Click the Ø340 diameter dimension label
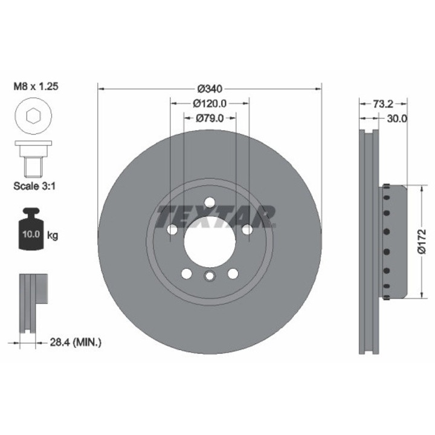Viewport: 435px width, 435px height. click(x=210, y=89)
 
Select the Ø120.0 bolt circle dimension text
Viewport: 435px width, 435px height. click(x=210, y=103)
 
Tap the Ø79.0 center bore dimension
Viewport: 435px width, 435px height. click(x=210, y=118)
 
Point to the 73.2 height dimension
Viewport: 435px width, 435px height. click(x=383, y=104)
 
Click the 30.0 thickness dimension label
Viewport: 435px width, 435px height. click(x=397, y=119)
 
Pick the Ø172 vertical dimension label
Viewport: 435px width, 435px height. click(x=422, y=241)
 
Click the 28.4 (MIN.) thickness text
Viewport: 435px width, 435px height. click(x=76, y=343)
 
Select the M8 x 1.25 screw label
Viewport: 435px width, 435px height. click(x=36, y=86)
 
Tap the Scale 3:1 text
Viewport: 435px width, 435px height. click(x=34, y=186)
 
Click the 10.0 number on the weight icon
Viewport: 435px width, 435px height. click(x=31, y=234)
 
